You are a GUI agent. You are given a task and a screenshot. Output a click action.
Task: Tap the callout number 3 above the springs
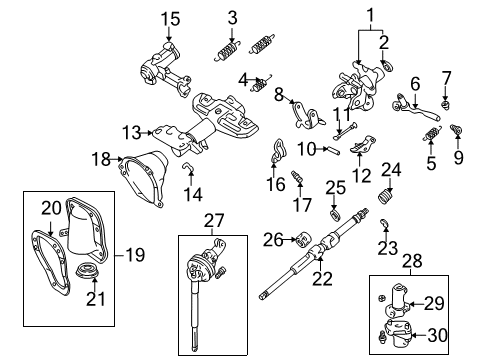[232, 17]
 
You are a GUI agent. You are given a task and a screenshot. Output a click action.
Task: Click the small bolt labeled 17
[297, 179]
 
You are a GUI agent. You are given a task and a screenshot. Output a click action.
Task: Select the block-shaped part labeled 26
[297, 239]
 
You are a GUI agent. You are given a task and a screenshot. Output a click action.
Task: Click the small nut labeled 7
[448, 100]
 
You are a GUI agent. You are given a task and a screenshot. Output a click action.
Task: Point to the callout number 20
[52, 207]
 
